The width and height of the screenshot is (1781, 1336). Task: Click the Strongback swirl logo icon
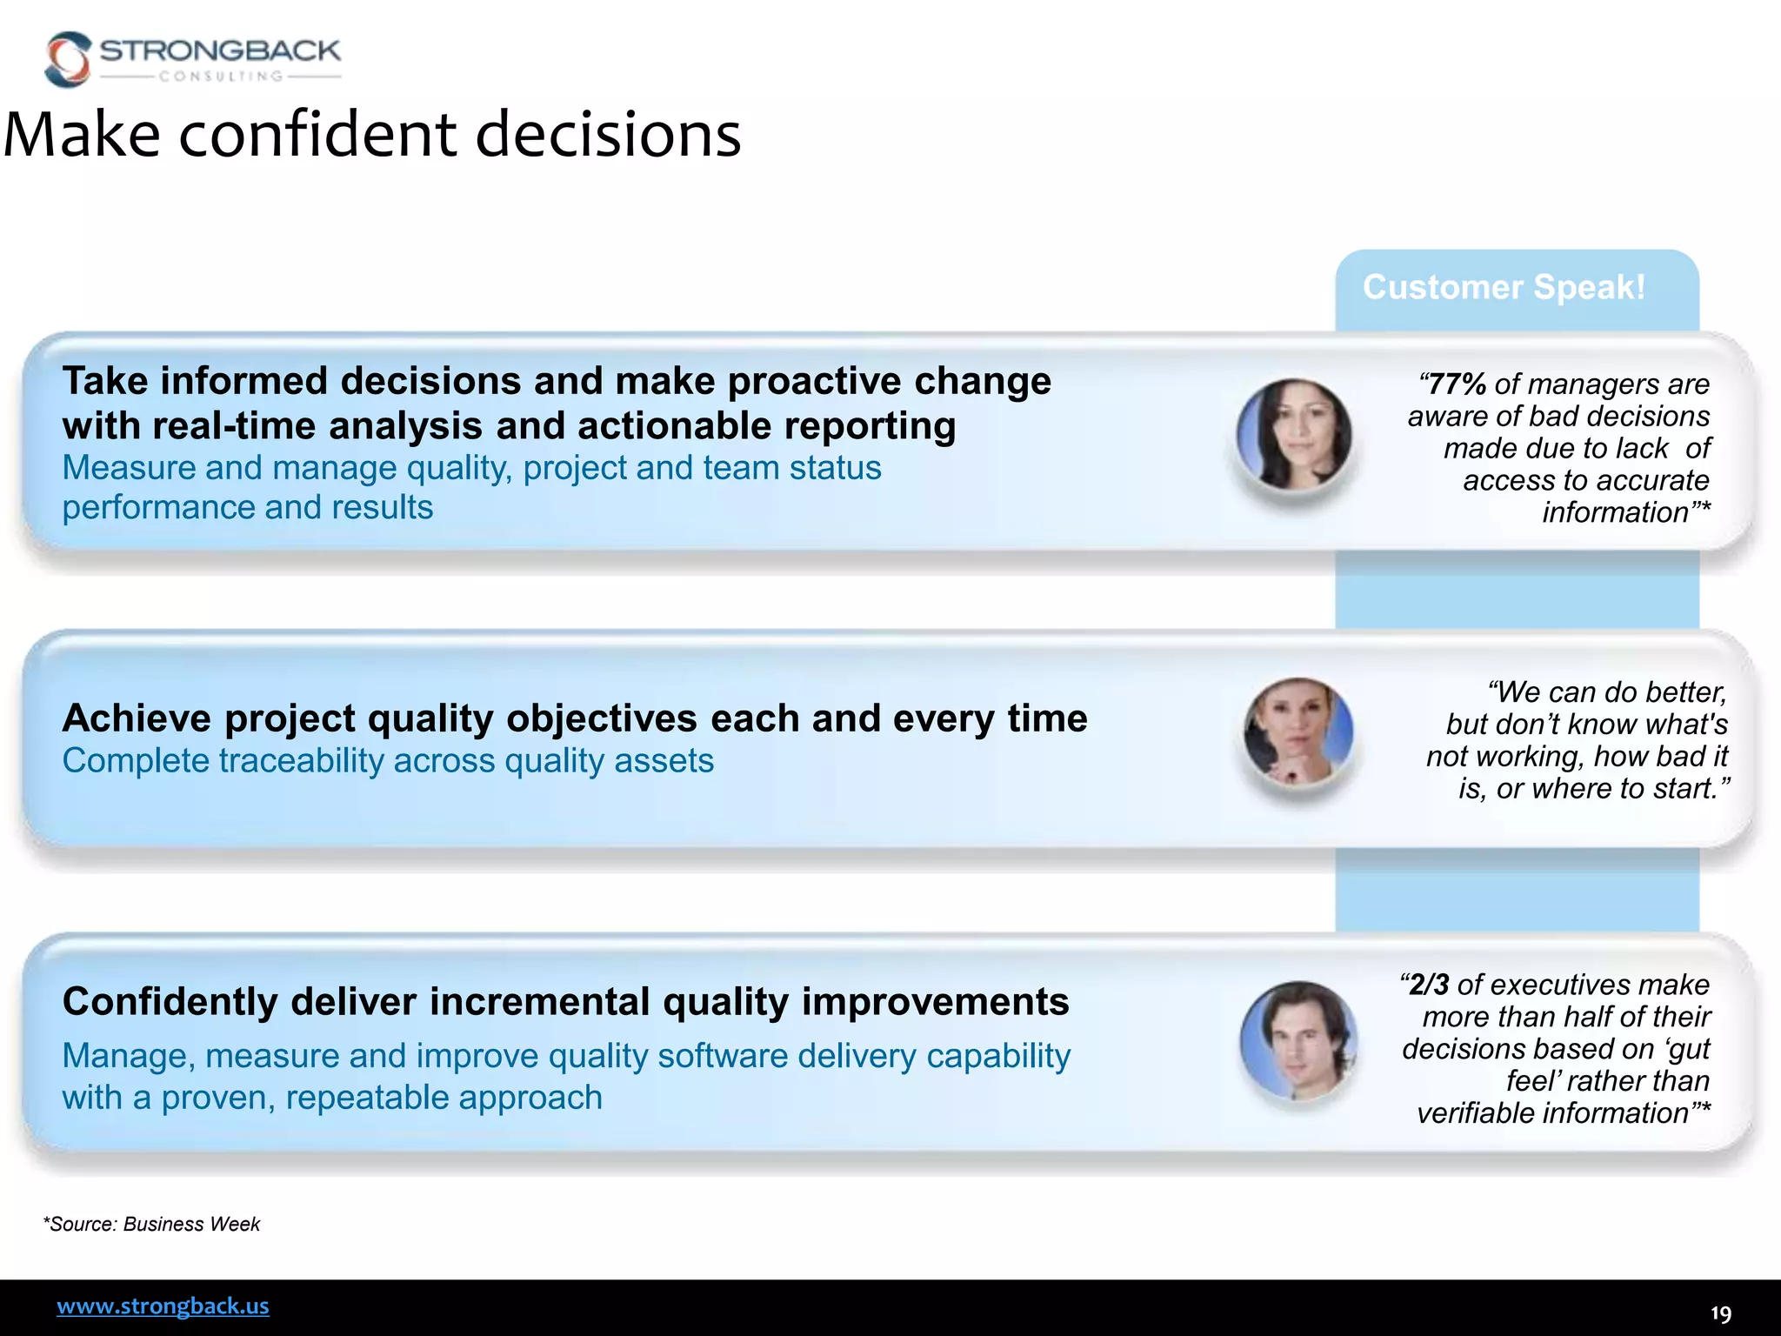click(x=68, y=59)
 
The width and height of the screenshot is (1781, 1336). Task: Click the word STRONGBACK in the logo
click(x=220, y=50)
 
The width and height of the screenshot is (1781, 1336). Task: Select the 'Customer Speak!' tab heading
click(x=1504, y=287)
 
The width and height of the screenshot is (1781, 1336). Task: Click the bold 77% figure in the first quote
click(x=1457, y=384)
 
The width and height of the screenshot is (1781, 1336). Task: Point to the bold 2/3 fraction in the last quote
click(x=1430, y=985)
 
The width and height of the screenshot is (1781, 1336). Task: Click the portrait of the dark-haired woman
click(x=1294, y=434)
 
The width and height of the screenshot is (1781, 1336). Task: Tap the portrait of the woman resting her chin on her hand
click(x=1297, y=731)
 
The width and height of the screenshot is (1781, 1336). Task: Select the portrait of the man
click(x=1297, y=1039)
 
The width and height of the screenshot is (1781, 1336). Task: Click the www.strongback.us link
click(x=163, y=1306)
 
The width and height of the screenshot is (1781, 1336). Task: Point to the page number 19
click(x=1720, y=1313)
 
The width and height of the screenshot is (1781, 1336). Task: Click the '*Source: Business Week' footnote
click(x=151, y=1224)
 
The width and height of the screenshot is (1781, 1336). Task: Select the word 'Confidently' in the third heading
click(x=170, y=1002)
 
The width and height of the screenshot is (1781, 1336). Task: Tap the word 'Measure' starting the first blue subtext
click(x=129, y=468)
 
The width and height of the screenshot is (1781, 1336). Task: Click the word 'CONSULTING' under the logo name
click(x=221, y=77)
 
